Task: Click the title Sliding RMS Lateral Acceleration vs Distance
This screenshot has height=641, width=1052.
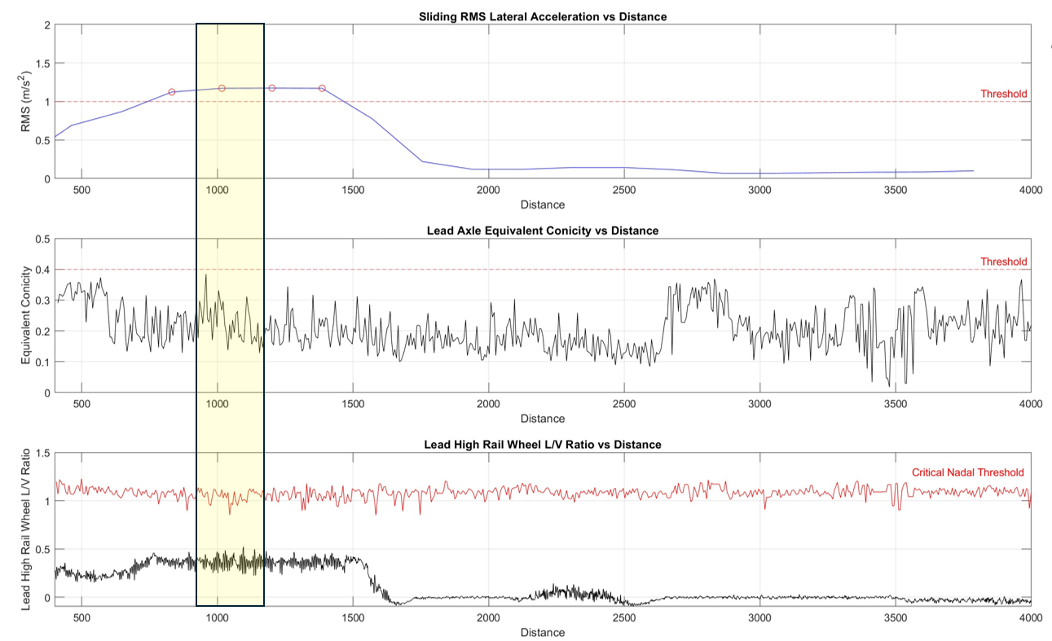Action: coord(542,16)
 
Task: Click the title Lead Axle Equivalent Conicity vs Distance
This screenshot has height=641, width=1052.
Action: coord(542,230)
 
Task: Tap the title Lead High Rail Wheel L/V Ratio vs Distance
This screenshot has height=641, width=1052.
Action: coord(542,445)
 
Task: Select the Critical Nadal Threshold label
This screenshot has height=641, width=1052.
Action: coord(967,472)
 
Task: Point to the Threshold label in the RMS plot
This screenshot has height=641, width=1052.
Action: coord(1003,94)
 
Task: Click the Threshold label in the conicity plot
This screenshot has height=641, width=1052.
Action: coord(1003,261)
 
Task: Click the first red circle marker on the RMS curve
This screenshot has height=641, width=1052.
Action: coord(172,92)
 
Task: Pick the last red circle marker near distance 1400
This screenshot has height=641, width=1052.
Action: coord(322,88)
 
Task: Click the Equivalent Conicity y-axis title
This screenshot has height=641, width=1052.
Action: coord(26,316)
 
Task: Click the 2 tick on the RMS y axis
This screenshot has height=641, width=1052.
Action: coord(46,25)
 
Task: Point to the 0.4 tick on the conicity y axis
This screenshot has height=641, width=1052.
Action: coord(42,270)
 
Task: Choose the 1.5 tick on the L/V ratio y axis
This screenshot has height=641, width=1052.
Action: coord(42,453)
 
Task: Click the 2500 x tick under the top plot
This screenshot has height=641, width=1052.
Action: coord(623,191)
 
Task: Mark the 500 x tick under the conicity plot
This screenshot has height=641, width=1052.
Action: coord(81,404)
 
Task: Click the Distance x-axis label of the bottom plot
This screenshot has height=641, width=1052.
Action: coord(542,632)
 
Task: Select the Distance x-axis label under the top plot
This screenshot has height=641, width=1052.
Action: coord(542,204)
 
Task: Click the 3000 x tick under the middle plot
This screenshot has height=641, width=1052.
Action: coord(759,404)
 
